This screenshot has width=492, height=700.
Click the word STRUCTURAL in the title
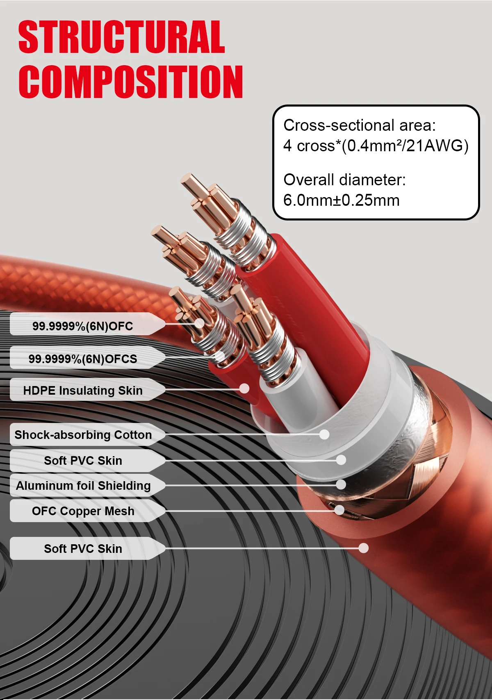(x=122, y=36)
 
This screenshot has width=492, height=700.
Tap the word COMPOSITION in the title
(x=131, y=82)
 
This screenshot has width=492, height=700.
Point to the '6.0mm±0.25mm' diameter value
(x=342, y=200)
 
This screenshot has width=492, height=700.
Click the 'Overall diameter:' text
(x=344, y=180)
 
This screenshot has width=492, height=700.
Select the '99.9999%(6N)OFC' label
(x=83, y=326)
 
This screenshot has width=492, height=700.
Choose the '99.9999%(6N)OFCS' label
(x=83, y=359)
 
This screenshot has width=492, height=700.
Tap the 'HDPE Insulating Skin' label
(x=83, y=391)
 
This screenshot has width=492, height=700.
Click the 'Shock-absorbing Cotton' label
(x=83, y=435)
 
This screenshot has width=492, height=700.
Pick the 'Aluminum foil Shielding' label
(x=83, y=486)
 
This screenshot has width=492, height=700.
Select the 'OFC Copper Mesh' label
(x=83, y=511)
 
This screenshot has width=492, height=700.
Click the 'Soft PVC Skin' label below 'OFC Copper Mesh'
(x=83, y=548)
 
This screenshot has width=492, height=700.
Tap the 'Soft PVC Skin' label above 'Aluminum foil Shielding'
(x=83, y=461)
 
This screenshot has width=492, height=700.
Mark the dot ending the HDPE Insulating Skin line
(x=244, y=389)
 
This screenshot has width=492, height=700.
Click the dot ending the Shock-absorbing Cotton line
(x=324, y=434)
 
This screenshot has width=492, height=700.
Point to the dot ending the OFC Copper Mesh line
(x=339, y=510)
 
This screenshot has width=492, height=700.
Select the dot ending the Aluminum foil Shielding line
(x=341, y=484)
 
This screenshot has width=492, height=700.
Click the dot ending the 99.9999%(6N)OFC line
(x=199, y=323)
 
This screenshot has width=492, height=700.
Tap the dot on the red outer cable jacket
(x=364, y=548)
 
